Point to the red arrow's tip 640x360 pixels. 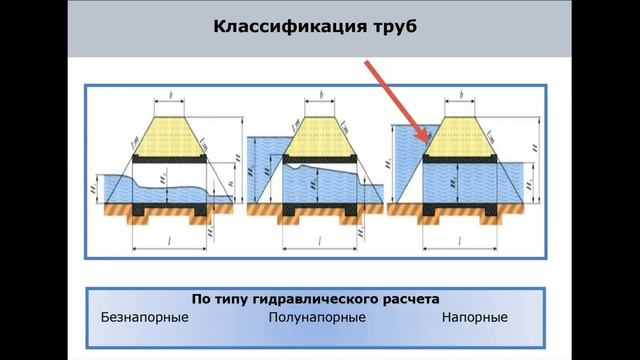[427, 139]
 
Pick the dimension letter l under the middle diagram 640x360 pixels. [319, 243]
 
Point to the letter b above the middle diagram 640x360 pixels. [319, 96]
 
